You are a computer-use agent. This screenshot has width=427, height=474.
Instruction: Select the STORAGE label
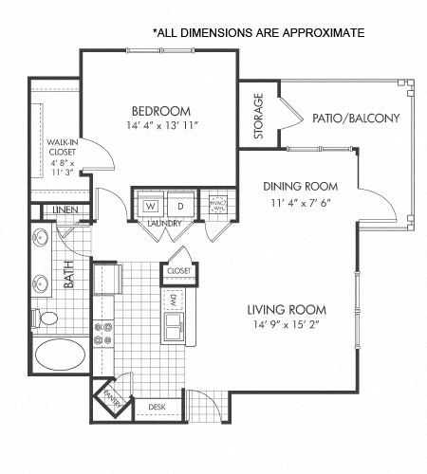click(x=258, y=117)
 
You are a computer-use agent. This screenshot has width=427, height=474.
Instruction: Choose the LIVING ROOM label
click(x=287, y=310)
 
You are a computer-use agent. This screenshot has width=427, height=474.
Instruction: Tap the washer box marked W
click(x=152, y=206)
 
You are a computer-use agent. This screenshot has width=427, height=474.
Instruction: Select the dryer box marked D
click(x=179, y=206)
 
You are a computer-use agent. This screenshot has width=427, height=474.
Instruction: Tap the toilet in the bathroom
click(x=45, y=316)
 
